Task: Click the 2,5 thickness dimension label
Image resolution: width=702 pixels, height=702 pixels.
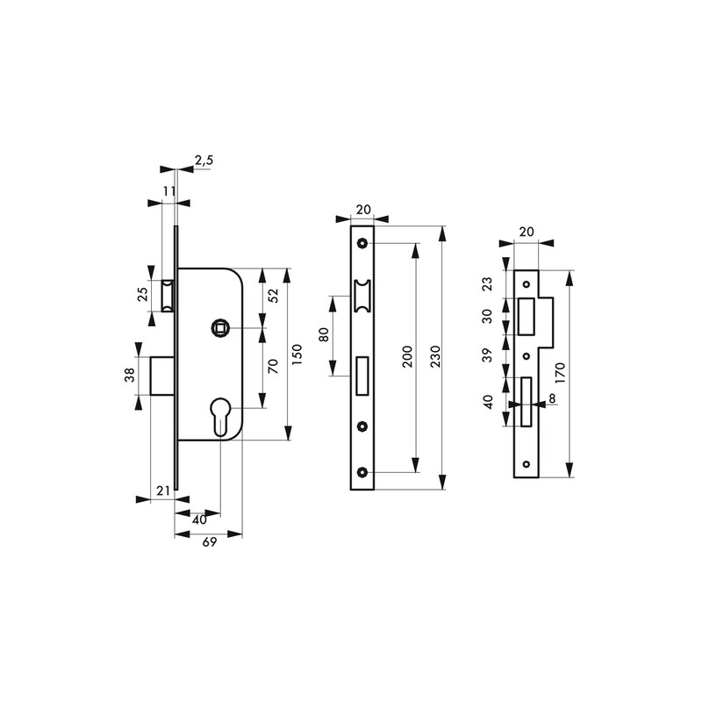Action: click(x=204, y=161)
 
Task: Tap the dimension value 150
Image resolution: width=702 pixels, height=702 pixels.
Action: click(x=297, y=355)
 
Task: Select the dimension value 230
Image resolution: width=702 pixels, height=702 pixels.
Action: click(x=435, y=356)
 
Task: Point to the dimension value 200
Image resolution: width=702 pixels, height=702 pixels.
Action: click(x=407, y=356)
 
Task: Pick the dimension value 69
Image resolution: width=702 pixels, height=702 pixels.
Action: click(x=210, y=542)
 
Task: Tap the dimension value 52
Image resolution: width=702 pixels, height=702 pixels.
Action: click(x=273, y=296)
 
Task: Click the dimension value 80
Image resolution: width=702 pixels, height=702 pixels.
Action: click(x=324, y=334)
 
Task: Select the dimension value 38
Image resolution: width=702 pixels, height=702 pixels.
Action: click(x=129, y=375)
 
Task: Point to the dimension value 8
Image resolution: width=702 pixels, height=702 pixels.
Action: click(x=552, y=398)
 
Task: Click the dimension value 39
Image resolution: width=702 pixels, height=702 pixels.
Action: click(x=488, y=355)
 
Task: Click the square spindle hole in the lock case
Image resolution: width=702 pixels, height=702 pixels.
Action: click(x=220, y=328)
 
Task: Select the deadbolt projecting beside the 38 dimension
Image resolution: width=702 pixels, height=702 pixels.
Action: click(x=162, y=376)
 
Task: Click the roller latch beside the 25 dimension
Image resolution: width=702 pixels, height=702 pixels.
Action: click(x=168, y=296)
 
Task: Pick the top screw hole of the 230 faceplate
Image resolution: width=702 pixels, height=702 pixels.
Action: click(x=362, y=243)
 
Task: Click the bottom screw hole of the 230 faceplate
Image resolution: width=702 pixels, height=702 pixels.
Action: click(x=362, y=471)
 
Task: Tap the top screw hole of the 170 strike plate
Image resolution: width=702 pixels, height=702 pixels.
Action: click(x=526, y=284)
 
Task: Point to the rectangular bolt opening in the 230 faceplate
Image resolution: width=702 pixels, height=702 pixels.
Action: click(x=362, y=376)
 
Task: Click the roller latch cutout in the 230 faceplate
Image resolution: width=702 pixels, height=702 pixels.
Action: click(x=362, y=296)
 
